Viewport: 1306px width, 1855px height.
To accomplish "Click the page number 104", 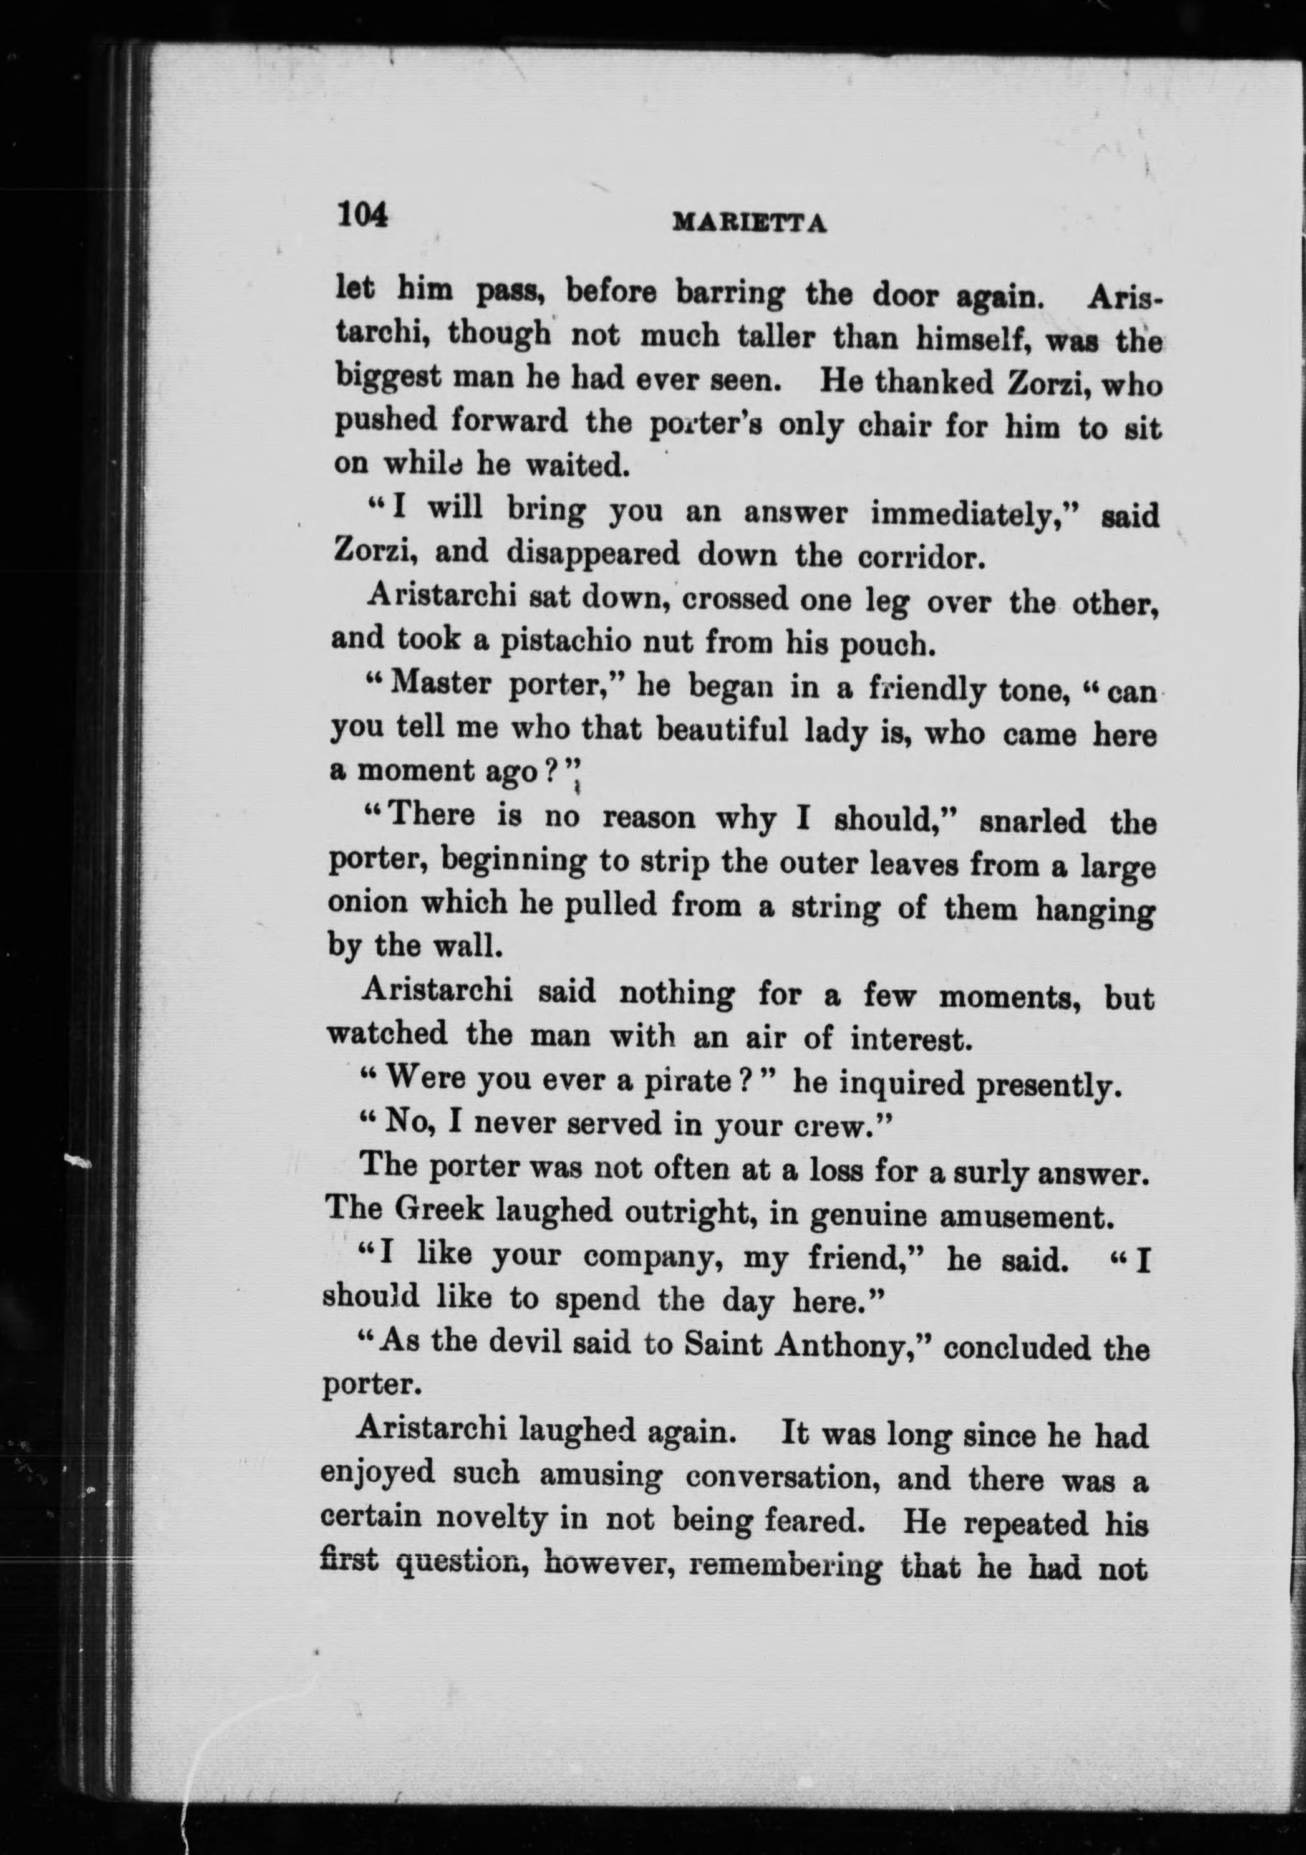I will click(363, 216).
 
